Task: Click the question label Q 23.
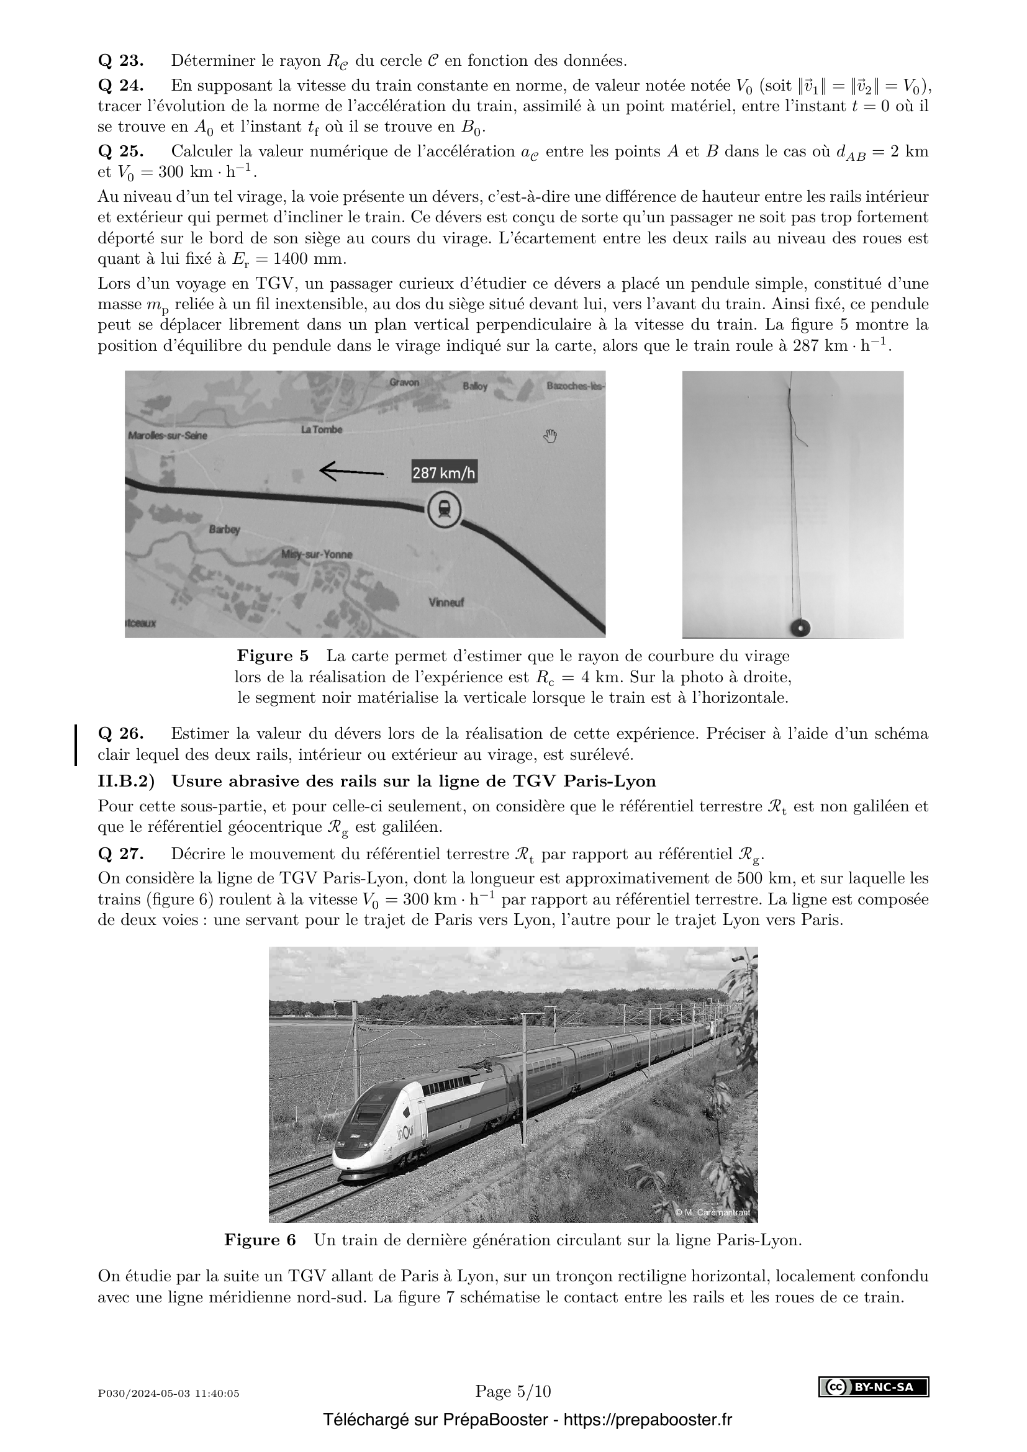pos(121,61)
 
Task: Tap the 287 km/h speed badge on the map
pos(444,472)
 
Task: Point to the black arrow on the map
pos(351,471)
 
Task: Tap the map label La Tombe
pos(321,430)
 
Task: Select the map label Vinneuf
pos(446,602)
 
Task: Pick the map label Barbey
pos(225,530)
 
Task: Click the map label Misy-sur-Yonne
pos(316,554)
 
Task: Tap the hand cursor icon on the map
pos(550,436)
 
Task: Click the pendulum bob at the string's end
pos(800,628)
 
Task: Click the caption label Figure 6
pos(260,1240)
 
